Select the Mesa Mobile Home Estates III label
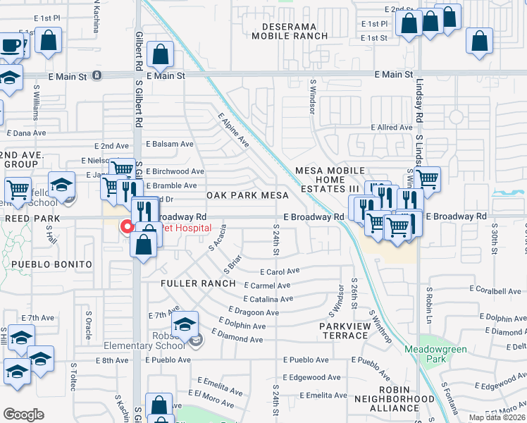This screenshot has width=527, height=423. tap(330, 180)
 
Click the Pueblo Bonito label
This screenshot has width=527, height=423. tap(51, 264)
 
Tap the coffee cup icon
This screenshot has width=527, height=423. tap(12, 46)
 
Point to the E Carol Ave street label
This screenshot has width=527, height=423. tap(280, 271)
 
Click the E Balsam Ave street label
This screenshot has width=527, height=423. tap(169, 144)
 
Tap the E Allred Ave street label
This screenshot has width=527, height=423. tap(391, 128)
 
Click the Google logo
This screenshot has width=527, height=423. tap(23, 415)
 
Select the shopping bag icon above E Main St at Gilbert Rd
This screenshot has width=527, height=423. tap(161, 54)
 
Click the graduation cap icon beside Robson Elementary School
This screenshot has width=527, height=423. tap(185, 325)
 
